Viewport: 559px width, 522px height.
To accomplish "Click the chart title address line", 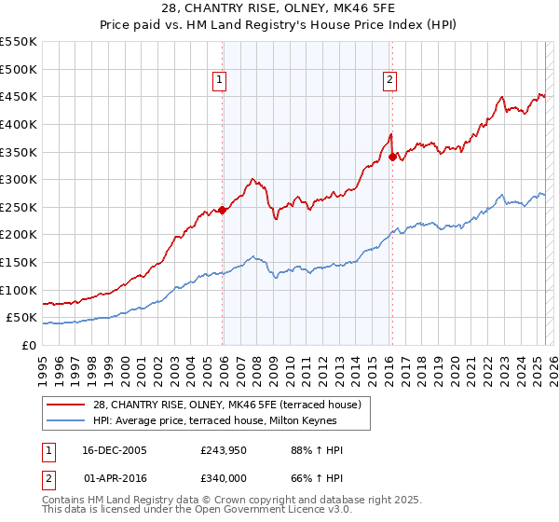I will point(279,10).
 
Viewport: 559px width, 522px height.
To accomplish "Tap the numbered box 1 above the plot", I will point(220,81).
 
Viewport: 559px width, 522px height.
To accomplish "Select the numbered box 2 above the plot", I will point(389,81).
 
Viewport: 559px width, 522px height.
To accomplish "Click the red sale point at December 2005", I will point(223,210).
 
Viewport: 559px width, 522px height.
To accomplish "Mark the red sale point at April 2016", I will point(392,157).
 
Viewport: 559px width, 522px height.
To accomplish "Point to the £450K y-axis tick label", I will point(19,96).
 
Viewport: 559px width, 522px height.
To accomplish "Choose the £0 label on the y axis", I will point(29,345).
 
